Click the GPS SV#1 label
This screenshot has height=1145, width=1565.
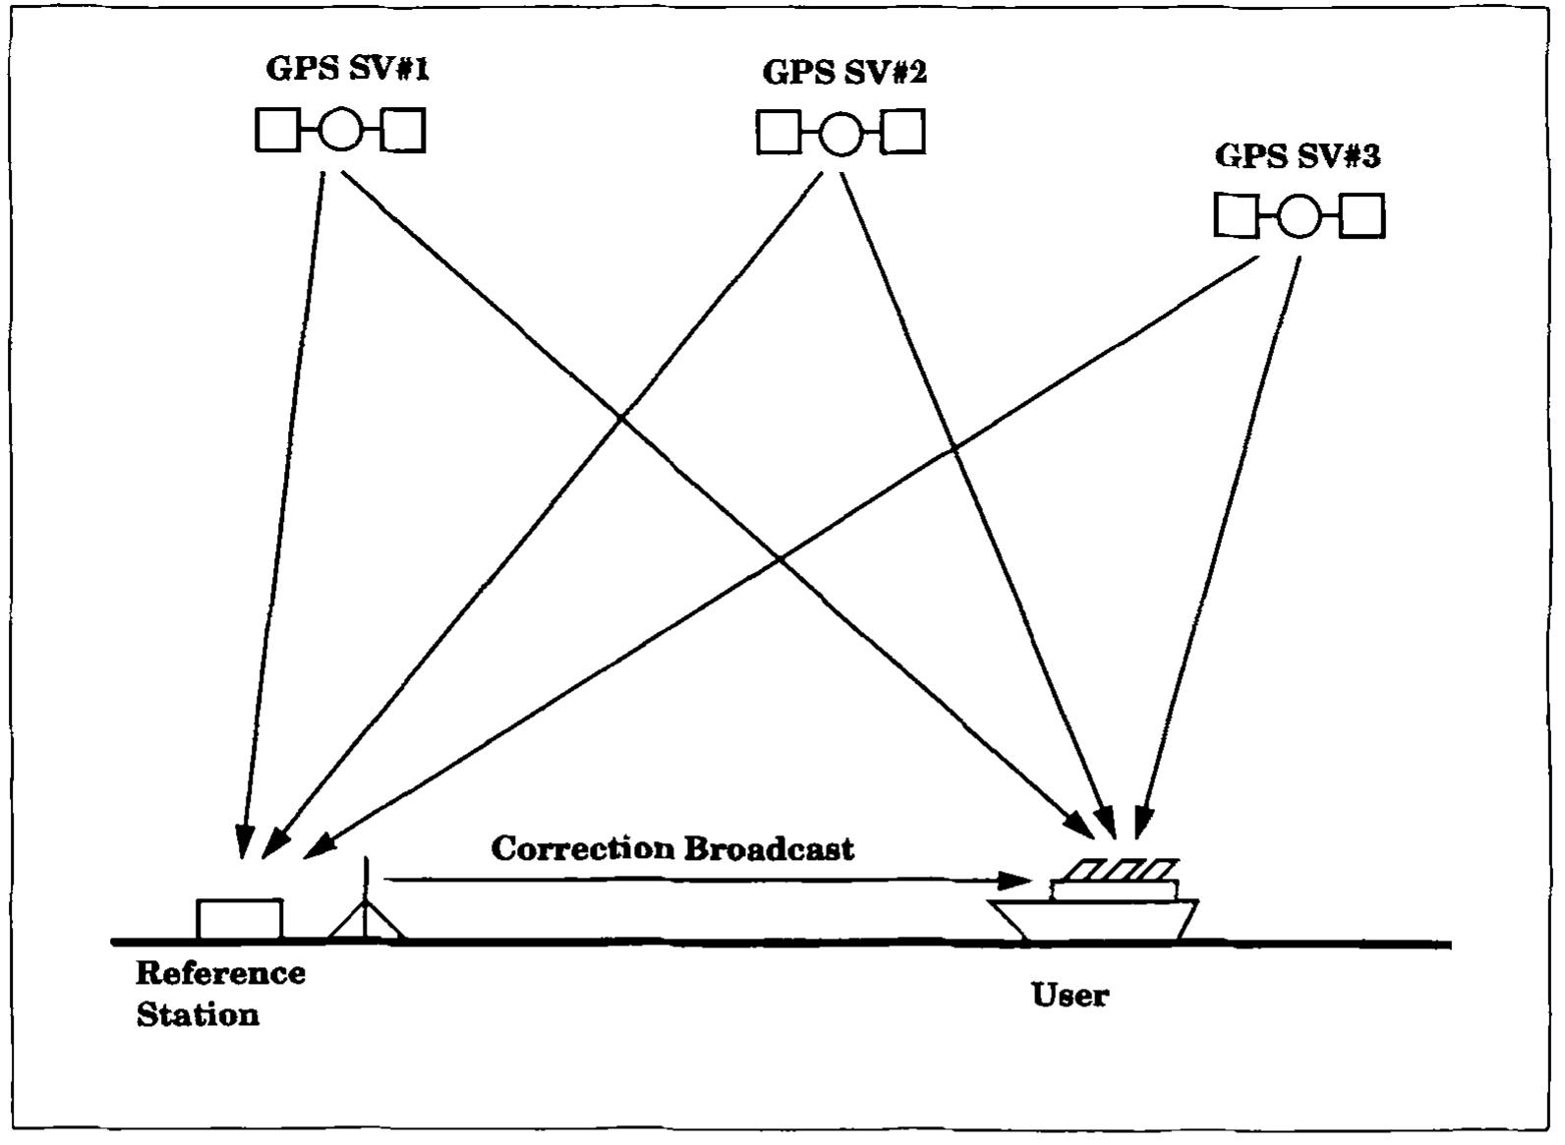tap(347, 69)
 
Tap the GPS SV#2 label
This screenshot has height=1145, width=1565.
tap(844, 72)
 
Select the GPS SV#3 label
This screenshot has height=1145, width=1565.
tap(1298, 155)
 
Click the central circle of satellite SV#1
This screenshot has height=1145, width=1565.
tap(340, 130)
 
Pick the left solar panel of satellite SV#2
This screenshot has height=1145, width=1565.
tap(778, 132)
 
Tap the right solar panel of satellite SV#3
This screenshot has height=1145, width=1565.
tap(1362, 216)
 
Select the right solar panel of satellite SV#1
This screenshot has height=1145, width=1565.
tap(403, 130)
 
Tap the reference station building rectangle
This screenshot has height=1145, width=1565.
tap(239, 920)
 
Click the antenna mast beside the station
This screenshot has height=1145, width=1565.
tap(366, 899)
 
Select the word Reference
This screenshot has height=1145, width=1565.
tap(220, 973)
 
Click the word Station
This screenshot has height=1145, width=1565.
tap(198, 1014)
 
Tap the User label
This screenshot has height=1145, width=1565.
tap(1070, 995)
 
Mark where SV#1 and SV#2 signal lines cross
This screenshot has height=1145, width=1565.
tap(620, 420)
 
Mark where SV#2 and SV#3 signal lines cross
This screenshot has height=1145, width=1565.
tap(955, 449)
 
